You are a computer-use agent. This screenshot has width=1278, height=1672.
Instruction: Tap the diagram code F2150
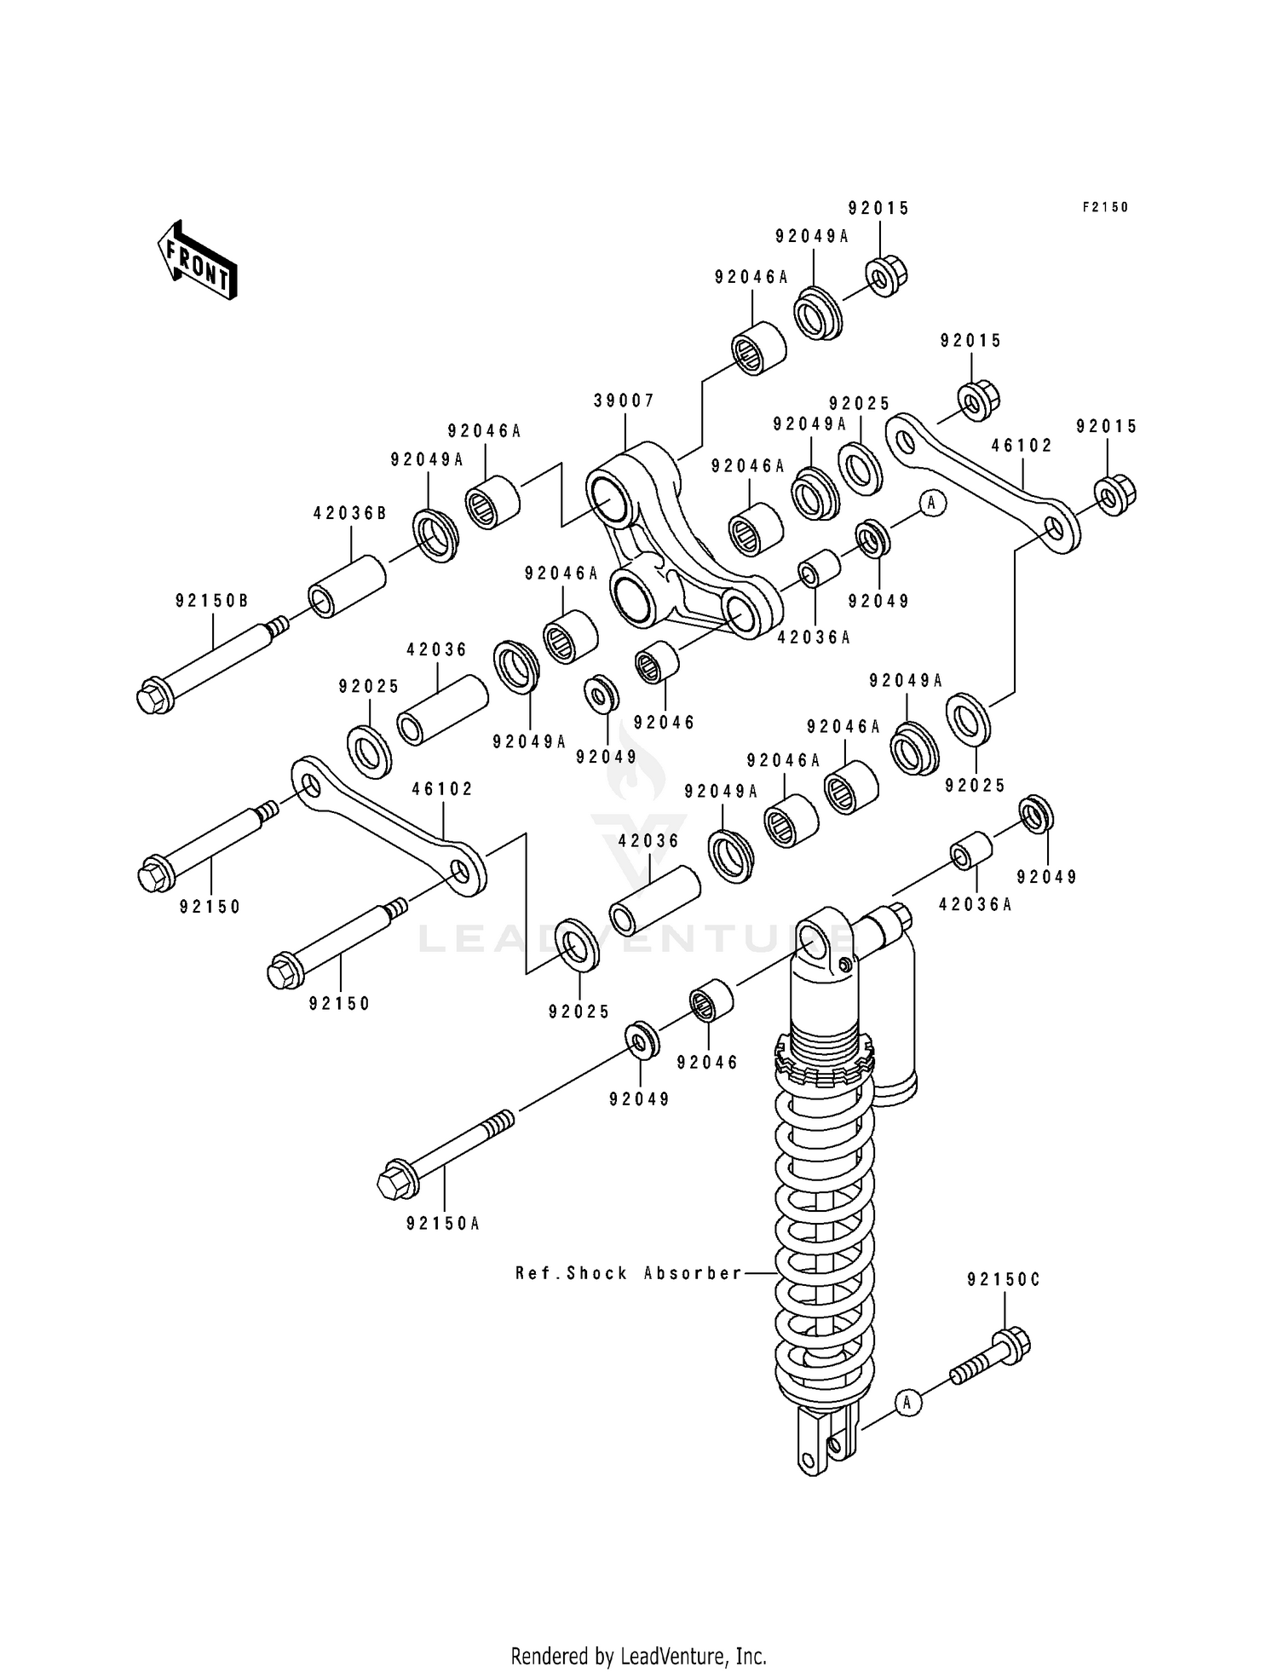pos(1105,207)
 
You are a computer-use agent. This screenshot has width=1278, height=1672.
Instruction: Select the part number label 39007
pos(625,401)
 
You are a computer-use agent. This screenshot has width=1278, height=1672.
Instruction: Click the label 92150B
pos(212,601)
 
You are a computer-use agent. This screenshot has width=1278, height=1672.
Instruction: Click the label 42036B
pos(350,513)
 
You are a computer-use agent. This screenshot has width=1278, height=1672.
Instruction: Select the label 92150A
pos(443,1224)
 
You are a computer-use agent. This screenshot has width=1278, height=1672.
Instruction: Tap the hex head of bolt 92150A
pos(394,1181)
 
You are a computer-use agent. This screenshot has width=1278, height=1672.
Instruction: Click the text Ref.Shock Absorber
pos(629,1273)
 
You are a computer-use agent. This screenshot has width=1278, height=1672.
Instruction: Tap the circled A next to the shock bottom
pos(909,1402)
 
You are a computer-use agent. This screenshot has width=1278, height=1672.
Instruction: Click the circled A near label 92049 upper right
pos(931,503)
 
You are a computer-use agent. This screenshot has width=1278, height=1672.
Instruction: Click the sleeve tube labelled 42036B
pos(348,586)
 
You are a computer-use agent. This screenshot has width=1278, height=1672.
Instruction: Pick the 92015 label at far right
pos(1107,427)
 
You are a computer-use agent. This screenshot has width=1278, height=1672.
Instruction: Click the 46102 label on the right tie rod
pos(1022,446)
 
